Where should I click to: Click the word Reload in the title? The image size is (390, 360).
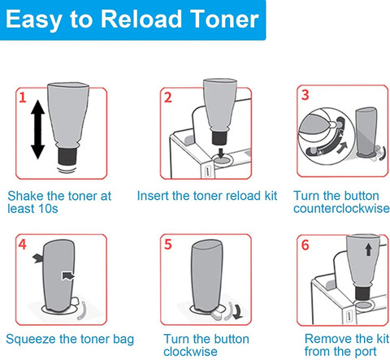pyautogui.click(x=141, y=19)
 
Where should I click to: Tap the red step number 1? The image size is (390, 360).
pyautogui.click(x=23, y=98)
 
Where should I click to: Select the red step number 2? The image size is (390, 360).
pyautogui.click(x=168, y=98)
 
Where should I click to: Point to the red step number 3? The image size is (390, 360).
pyautogui.click(x=305, y=95)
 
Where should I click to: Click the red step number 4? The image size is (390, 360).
pyautogui.click(x=23, y=245)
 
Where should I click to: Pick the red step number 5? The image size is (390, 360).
pyautogui.click(x=168, y=245)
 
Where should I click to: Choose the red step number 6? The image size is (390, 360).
pyautogui.click(x=305, y=245)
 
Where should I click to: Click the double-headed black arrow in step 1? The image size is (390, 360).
pyautogui.click(x=37, y=129)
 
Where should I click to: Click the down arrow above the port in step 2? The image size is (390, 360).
pyautogui.click(x=221, y=153)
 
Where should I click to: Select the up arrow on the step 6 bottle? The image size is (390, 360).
pyautogui.click(x=368, y=249)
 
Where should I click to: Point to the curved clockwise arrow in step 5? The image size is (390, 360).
pyautogui.click(x=238, y=311)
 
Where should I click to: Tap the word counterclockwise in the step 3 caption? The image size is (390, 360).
pyautogui.click(x=341, y=208)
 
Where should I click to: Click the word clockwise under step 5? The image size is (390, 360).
pyautogui.click(x=190, y=352)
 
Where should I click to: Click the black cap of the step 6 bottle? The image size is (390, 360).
pyautogui.click(x=362, y=293)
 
